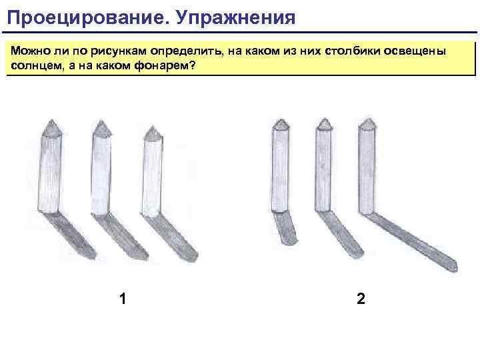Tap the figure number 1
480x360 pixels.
(123, 298)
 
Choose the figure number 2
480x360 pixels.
(361, 298)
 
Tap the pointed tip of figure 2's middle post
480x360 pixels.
(324, 123)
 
